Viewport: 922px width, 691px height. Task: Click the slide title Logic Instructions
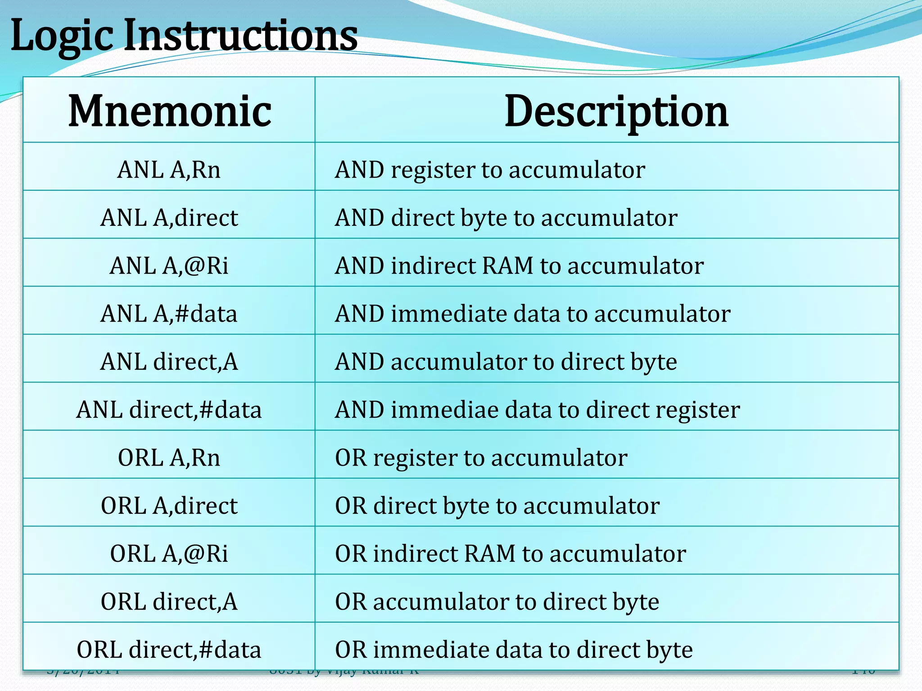[x=184, y=36]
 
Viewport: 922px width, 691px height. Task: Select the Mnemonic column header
[x=169, y=111]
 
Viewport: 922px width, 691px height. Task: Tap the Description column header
[x=616, y=111]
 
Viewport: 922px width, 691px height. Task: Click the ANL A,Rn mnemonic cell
[x=169, y=170]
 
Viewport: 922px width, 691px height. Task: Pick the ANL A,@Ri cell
[x=169, y=266]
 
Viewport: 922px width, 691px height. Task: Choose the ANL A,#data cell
[x=169, y=314]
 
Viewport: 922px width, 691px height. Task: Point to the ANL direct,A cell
[x=169, y=362]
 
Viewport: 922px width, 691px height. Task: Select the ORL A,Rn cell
[x=169, y=458]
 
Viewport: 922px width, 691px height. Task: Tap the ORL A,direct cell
[x=169, y=506]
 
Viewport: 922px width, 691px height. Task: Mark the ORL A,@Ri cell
[x=169, y=554]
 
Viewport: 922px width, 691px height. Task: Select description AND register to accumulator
[x=490, y=171]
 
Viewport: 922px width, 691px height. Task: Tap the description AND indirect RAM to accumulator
[x=519, y=266]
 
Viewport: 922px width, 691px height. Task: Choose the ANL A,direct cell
[x=169, y=218]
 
